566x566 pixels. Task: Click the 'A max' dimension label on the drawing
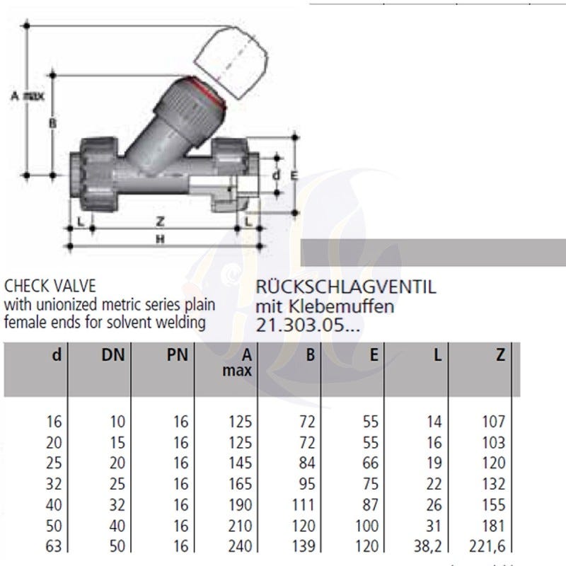(x=28, y=96)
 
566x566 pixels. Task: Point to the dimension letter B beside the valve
(x=52, y=123)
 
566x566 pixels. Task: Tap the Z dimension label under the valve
(x=161, y=221)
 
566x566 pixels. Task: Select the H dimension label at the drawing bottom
(x=161, y=239)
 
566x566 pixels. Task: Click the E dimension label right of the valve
(x=294, y=175)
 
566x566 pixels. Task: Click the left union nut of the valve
(x=98, y=174)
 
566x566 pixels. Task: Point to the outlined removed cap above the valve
(x=232, y=62)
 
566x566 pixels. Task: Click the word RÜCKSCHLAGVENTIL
(x=346, y=287)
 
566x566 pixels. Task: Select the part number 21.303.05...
(x=308, y=325)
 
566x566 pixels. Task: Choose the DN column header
(x=113, y=355)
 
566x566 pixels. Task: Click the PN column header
(x=178, y=355)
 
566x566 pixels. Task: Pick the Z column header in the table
(x=500, y=355)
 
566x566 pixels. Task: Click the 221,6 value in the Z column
(x=487, y=546)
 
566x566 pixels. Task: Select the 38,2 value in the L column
(x=428, y=546)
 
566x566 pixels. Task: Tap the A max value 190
(x=240, y=504)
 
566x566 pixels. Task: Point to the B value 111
(x=304, y=504)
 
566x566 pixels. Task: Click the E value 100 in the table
(x=367, y=526)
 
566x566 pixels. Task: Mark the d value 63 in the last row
(x=54, y=546)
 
